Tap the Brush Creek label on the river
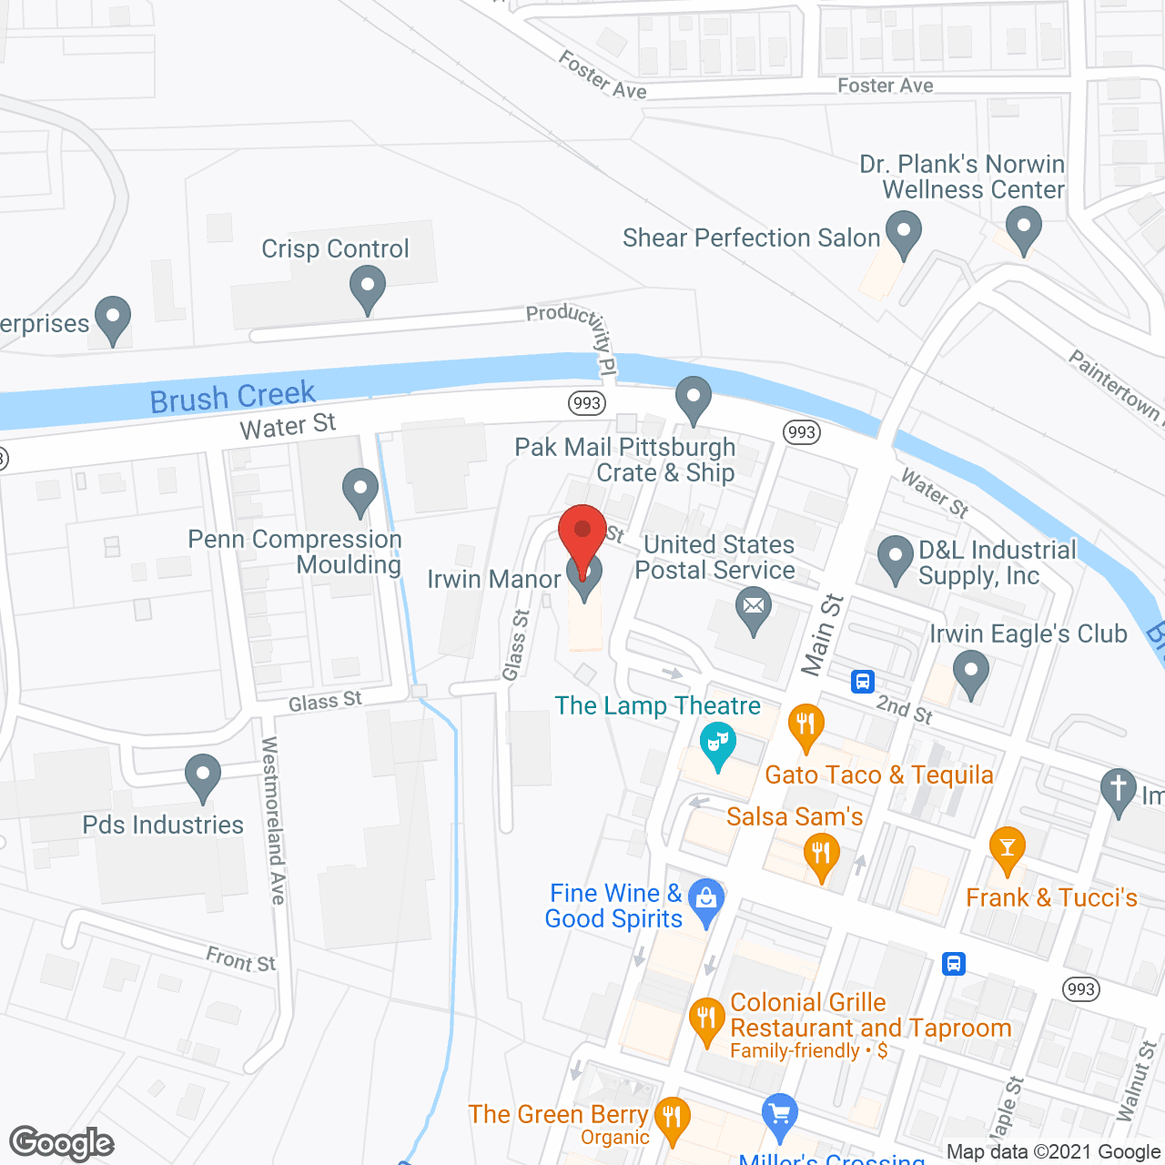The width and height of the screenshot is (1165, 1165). click(x=232, y=397)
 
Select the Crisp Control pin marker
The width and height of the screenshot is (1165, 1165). click(x=367, y=289)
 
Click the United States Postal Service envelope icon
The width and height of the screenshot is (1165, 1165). click(x=754, y=610)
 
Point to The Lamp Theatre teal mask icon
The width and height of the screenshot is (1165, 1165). click(x=718, y=745)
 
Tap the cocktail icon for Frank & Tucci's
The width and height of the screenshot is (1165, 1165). click(x=1007, y=849)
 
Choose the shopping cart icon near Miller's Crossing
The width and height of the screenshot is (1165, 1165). click(x=779, y=1115)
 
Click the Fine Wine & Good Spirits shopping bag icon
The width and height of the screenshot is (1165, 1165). click(x=706, y=901)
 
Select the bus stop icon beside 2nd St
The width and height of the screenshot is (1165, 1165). click(x=863, y=681)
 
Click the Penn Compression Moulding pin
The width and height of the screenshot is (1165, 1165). click(x=360, y=491)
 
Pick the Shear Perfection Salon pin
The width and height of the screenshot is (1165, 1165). click(x=903, y=232)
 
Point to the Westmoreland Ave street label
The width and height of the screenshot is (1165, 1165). click(x=273, y=820)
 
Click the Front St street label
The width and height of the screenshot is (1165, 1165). click(x=240, y=959)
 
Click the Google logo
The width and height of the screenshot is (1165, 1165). click(x=62, y=1143)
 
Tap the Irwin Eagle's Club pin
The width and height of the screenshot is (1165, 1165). click(x=971, y=674)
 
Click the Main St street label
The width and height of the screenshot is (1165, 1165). click(x=822, y=634)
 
